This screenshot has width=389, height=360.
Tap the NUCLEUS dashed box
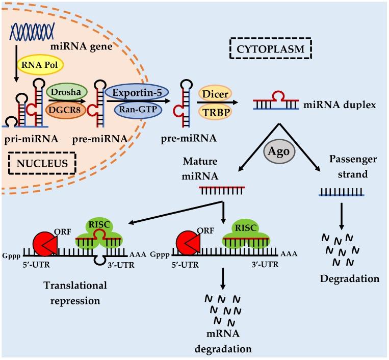click(x=42, y=164)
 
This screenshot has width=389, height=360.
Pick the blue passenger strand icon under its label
click(x=341, y=192)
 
